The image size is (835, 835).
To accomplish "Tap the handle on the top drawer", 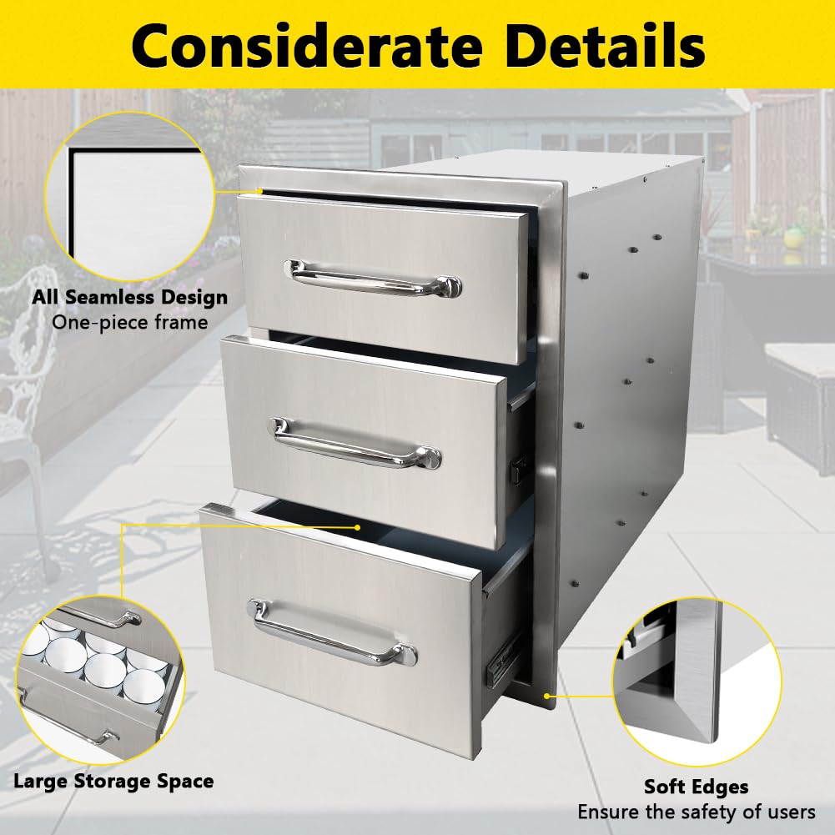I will click(372, 278).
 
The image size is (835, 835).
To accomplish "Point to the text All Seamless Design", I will click(129, 297).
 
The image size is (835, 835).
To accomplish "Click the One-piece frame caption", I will click(129, 322).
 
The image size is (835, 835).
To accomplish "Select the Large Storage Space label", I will click(113, 782).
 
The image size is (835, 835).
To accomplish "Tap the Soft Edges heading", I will click(696, 787).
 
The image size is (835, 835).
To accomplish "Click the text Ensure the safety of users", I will click(696, 812).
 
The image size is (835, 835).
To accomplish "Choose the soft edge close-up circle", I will click(696, 672).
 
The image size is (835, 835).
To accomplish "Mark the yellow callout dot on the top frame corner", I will click(260, 191).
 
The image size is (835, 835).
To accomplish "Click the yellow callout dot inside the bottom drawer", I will click(357, 527).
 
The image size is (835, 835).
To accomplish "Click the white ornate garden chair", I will click(25, 400).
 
